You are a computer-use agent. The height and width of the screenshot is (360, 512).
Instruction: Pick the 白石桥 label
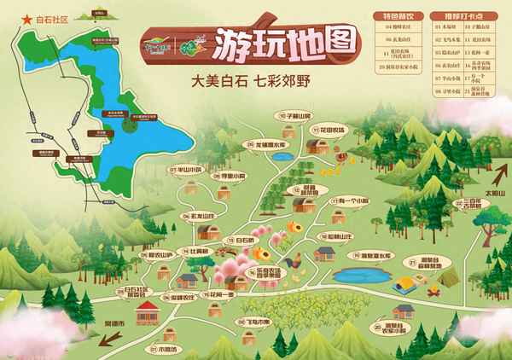click(x=240, y=241)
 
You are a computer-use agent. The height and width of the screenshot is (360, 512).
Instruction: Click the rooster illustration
click(x=295, y=255)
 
